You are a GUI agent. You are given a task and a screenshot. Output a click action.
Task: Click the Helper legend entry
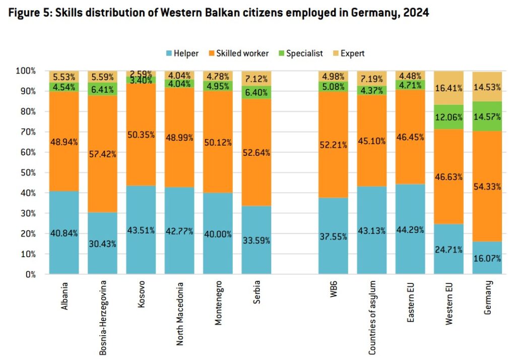181,53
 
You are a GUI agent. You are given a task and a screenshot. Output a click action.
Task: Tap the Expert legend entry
348,53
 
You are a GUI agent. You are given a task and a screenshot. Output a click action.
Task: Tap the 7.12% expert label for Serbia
257,79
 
